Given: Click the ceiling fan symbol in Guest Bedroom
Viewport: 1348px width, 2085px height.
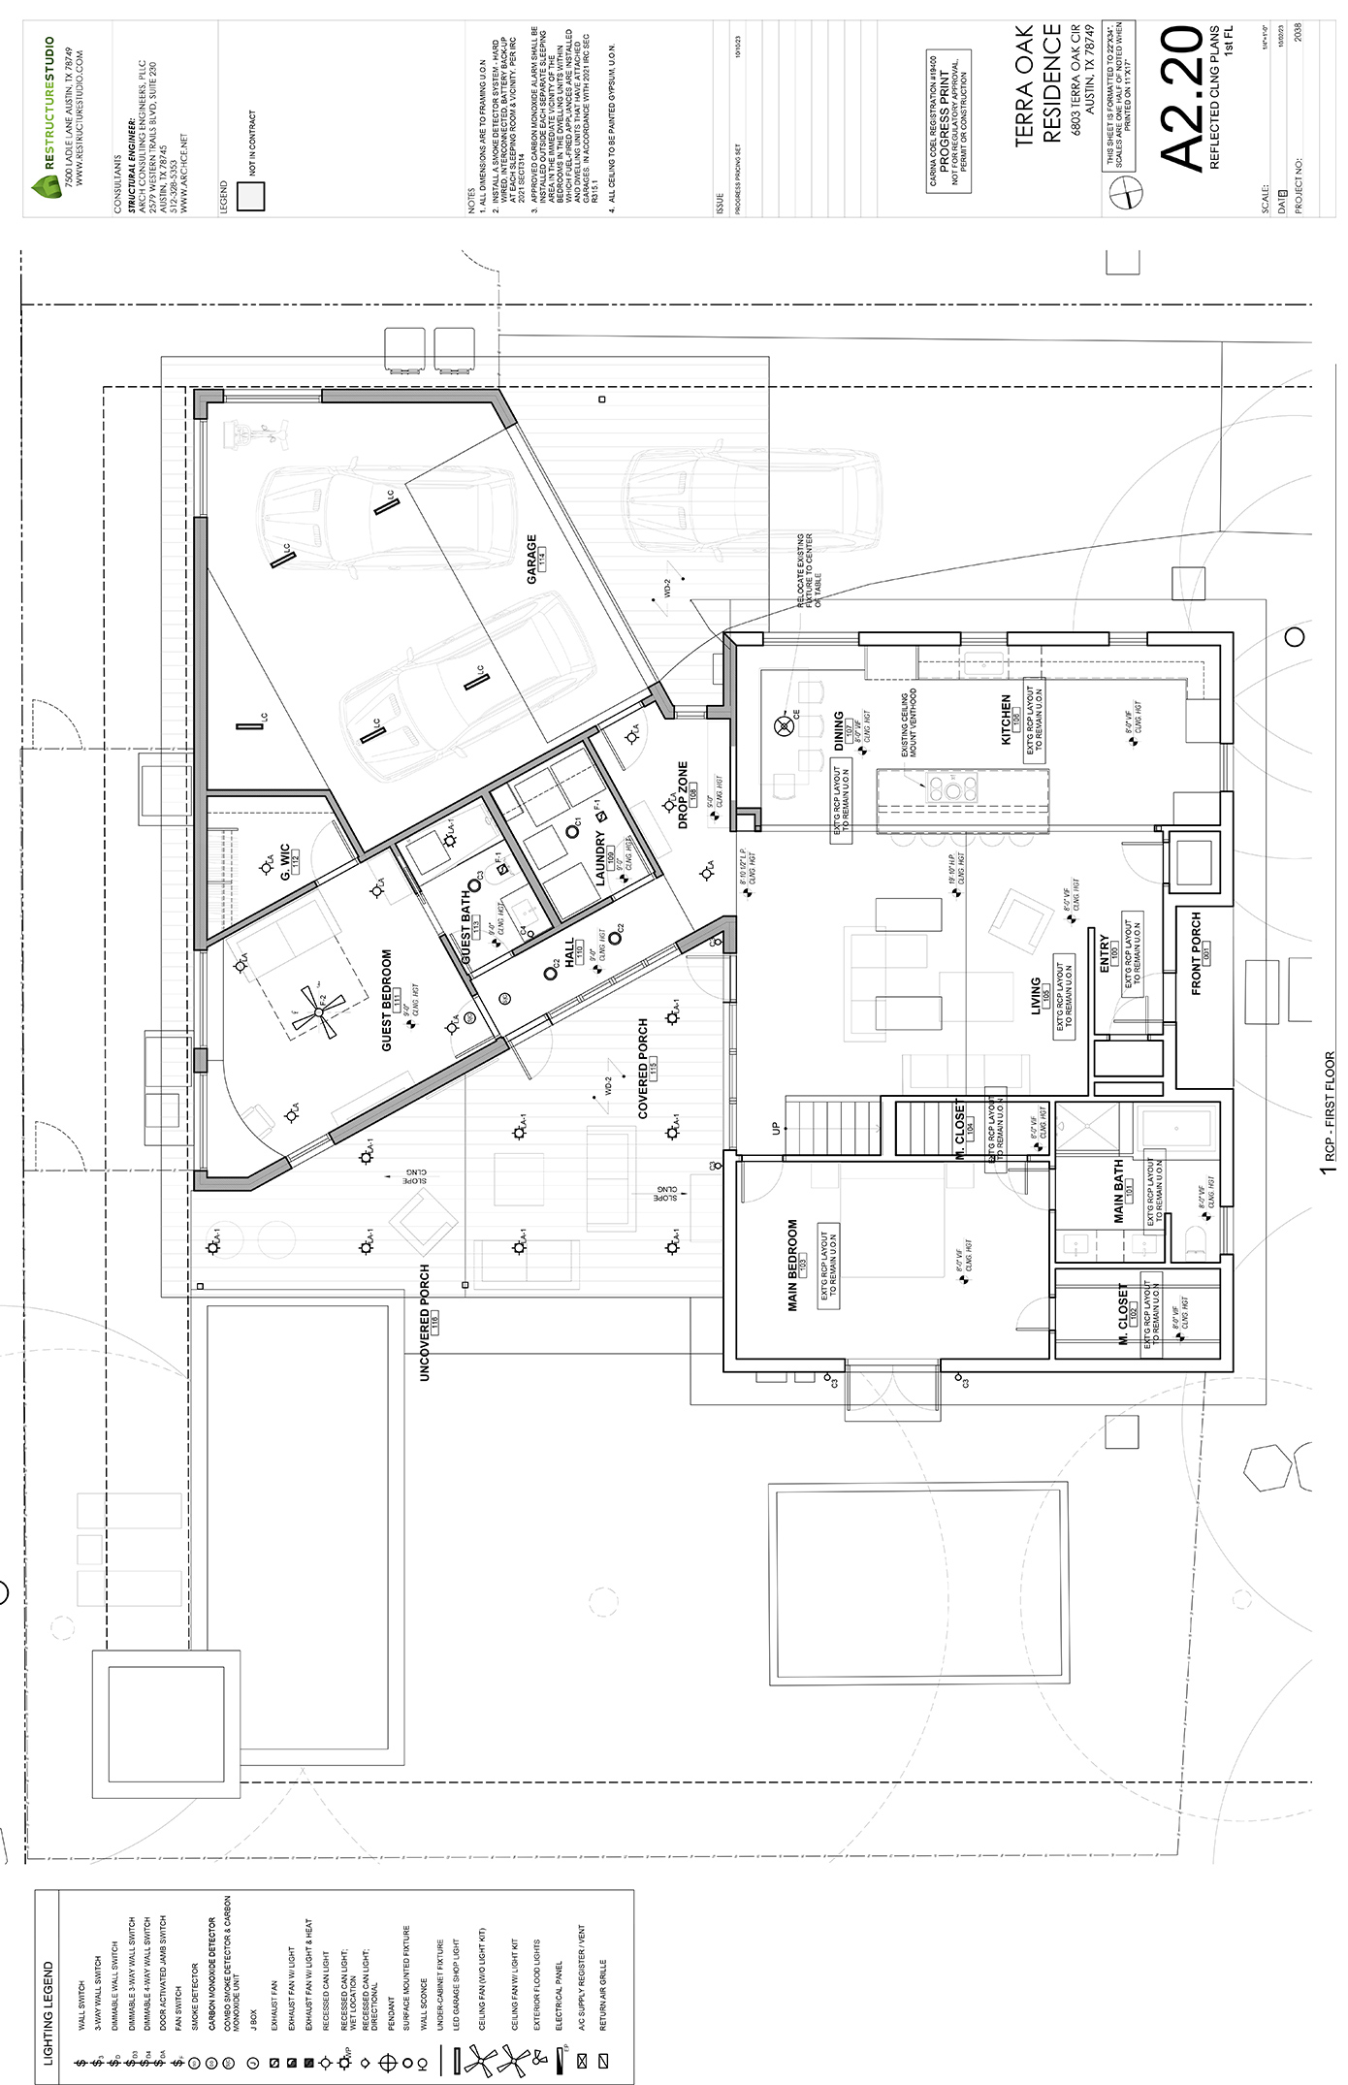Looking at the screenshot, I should [x=319, y=1012].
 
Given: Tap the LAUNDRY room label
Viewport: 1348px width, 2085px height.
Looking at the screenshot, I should [x=600, y=863].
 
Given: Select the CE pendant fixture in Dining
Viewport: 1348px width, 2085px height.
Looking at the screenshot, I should [x=783, y=725].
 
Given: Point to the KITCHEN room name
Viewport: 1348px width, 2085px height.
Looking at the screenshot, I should [x=1006, y=719].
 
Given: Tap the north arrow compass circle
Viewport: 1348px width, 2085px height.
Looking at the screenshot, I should [x=1127, y=194].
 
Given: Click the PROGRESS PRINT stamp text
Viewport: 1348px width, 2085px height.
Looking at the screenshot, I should [x=946, y=121].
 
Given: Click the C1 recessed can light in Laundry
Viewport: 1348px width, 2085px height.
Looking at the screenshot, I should [x=572, y=832].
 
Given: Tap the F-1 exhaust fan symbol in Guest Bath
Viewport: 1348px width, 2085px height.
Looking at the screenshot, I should [x=501, y=871].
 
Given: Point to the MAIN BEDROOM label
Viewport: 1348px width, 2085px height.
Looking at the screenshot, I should [x=792, y=1266].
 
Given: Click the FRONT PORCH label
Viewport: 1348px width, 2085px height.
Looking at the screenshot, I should [x=1196, y=953].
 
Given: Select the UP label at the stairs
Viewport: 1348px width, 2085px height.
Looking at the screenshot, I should [x=775, y=1129].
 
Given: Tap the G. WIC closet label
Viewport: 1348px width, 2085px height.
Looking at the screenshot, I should [x=285, y=862].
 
